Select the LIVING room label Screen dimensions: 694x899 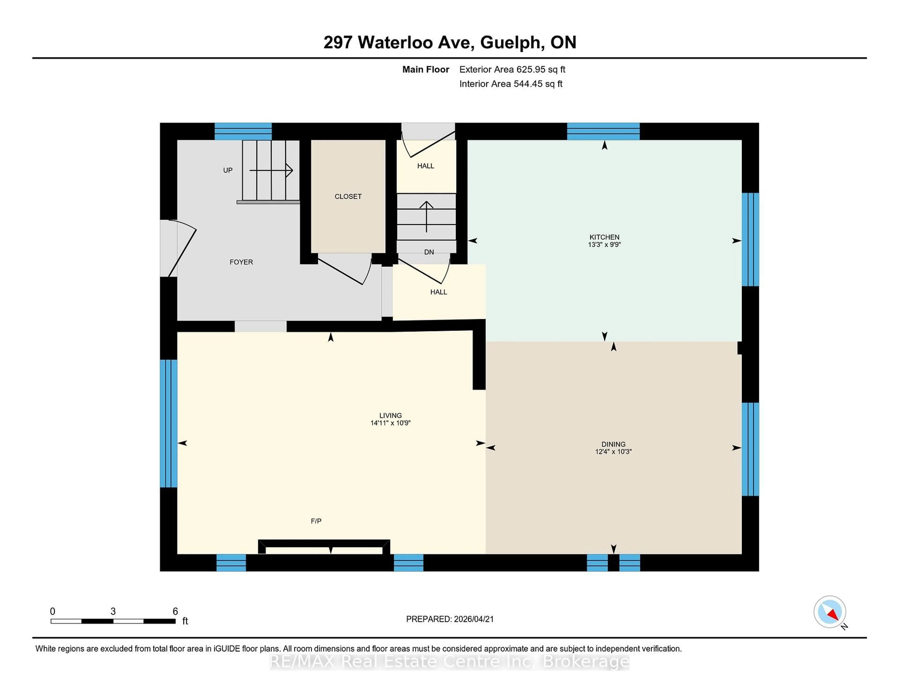(x=390, y=415)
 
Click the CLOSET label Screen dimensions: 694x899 (x=348, y=196)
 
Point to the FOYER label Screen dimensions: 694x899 (x=241, y=262)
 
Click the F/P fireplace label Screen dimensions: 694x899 (x=316, y=521)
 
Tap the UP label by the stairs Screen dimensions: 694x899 (x=228, y=170)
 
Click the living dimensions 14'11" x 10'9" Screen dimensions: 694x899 (x=390, y=423)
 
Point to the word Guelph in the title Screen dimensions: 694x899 (x=510, y=42)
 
